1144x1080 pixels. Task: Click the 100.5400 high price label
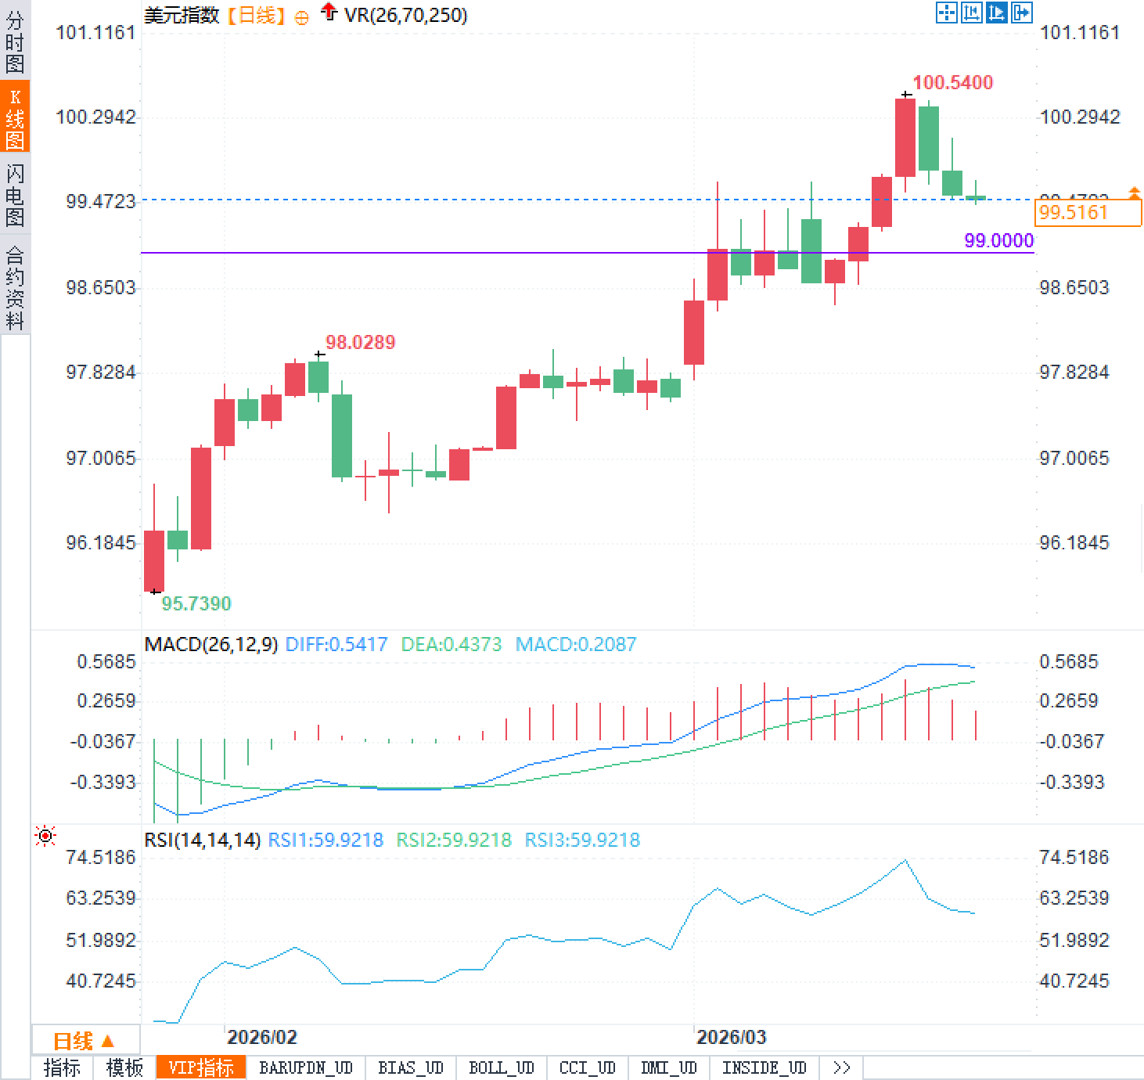point(952,83)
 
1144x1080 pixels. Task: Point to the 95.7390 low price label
point(196,603)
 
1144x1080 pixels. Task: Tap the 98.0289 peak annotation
point(360,342)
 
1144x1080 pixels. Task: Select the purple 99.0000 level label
point(998,240)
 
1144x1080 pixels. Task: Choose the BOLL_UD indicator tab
point(501,1067)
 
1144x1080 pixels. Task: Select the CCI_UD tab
point(587,1067)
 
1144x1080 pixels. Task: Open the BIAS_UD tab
point(410,1067)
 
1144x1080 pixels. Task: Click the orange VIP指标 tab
point(201,1067)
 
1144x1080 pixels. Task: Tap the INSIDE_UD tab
point(764,1067)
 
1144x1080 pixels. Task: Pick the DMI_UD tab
point(667,1067)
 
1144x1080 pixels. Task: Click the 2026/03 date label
point(731,1038)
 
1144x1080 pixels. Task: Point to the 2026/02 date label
point(261,1038)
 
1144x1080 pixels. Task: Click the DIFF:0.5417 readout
point(336,645)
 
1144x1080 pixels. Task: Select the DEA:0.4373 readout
point(451,645)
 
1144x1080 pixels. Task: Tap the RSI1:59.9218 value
point(326,841)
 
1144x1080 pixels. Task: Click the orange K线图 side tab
point(15,117)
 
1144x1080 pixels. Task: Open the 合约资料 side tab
point(15,287)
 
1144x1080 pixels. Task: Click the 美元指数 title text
point(182,15)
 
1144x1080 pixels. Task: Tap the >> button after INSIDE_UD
point(841,1067)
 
